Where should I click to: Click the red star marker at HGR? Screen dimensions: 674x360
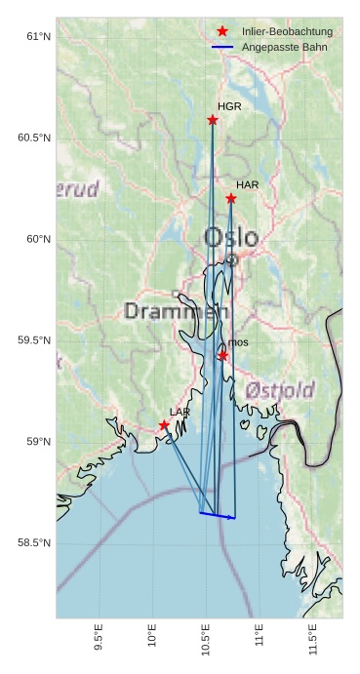click(213, 120)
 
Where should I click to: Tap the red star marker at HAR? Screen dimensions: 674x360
click(231, 199)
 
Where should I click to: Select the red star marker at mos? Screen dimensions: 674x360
click(222, 356)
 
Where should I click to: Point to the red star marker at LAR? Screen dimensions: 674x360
click(164, 425)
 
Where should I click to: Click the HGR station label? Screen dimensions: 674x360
click(229, 106)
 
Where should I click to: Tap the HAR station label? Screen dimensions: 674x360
click(247, 184)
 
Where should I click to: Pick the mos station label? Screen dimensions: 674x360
click(238, 342)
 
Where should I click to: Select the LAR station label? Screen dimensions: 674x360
click(180, 412)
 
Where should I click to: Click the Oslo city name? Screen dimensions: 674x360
click(231, 237)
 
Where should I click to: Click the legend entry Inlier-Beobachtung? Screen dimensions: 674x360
click(287, 32)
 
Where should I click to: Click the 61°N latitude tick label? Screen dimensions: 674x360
click(37, 37)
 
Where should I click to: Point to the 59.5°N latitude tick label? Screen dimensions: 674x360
click(33, 340)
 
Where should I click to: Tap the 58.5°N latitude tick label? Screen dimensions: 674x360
click(33, 543)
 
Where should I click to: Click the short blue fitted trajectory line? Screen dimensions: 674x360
click(218, 515)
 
